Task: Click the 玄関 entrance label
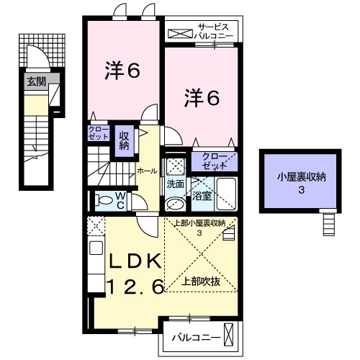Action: point(37,82)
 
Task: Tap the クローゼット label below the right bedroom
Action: point(214,161)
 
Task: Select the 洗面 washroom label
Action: point(176,184)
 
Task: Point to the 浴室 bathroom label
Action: point(202,195)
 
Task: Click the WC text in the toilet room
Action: point(120,199)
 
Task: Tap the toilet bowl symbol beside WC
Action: point(104,200)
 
